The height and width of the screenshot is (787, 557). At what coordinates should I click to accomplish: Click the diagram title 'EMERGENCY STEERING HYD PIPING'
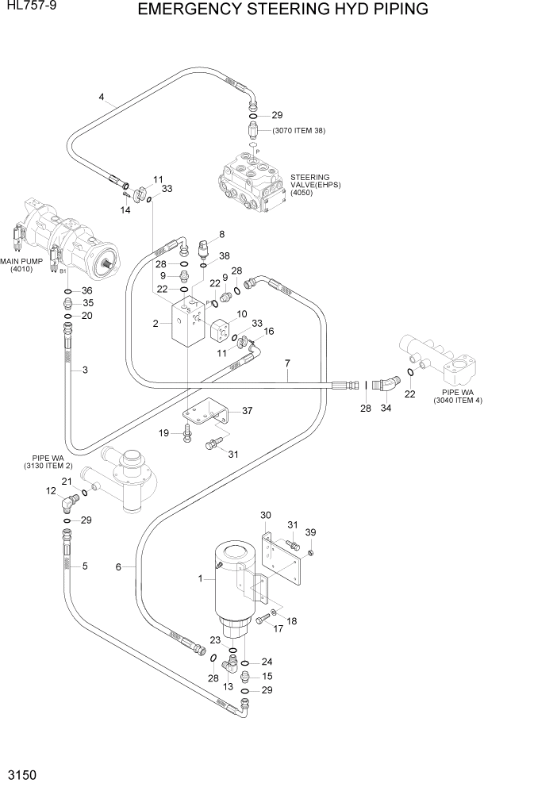pos(282,10)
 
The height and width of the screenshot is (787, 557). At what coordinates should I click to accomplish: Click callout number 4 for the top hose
pos(102,98)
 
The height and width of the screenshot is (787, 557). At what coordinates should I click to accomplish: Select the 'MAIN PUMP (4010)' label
pos(21,264)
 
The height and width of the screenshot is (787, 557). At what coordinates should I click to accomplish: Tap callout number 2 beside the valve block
pos(156,323)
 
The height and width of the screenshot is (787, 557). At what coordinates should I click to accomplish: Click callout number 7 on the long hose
pos(287,363)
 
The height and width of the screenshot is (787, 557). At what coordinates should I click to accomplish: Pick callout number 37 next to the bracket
pos(247,410)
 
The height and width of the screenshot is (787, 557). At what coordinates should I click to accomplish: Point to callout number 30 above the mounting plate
pos(266,515)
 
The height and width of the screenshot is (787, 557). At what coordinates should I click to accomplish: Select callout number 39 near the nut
pos(311,532)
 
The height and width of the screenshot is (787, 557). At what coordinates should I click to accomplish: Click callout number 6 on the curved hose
pos(119,566)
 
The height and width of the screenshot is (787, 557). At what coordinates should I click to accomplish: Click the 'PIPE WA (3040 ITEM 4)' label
pos(458,396)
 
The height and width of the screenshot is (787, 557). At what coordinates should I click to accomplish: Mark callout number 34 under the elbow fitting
pos(386,408)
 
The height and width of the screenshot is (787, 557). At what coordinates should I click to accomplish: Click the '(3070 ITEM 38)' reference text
pos(298,131)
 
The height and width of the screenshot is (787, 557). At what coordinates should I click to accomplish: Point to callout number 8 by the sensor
pos(221,234)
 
